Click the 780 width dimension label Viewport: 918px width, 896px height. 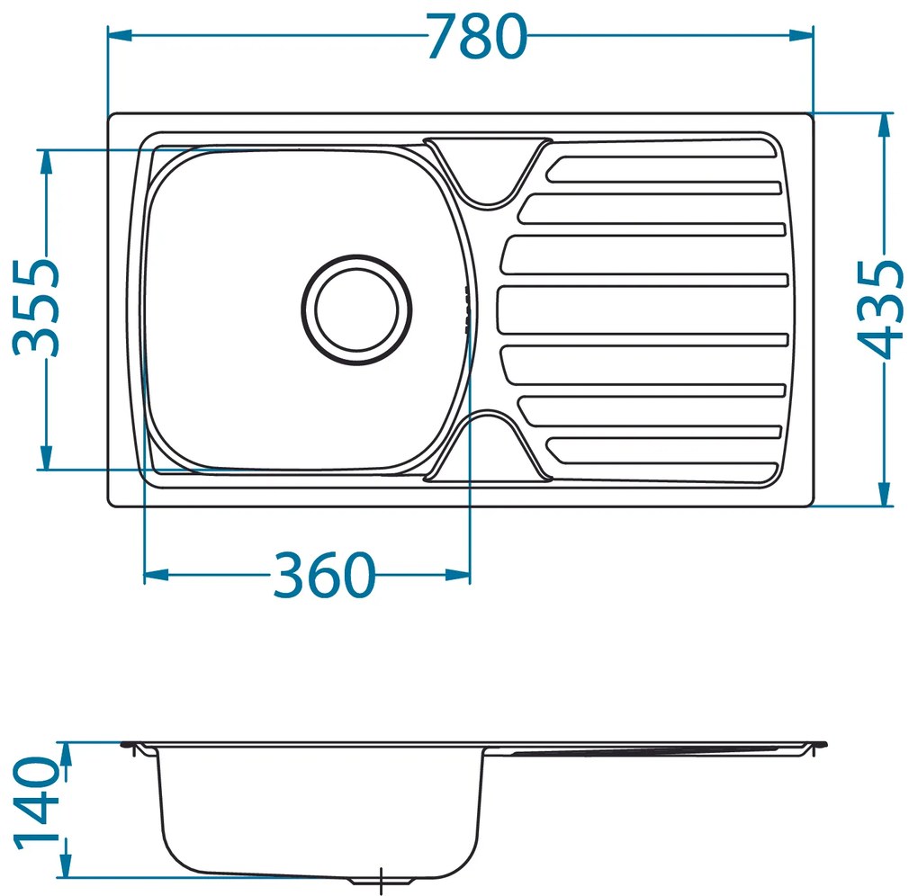click(476, 38)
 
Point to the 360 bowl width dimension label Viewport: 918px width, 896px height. click(323, 576)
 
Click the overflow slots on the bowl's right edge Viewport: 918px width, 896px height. click(465, 310)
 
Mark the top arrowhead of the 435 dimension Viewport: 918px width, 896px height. click(886, 125)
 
